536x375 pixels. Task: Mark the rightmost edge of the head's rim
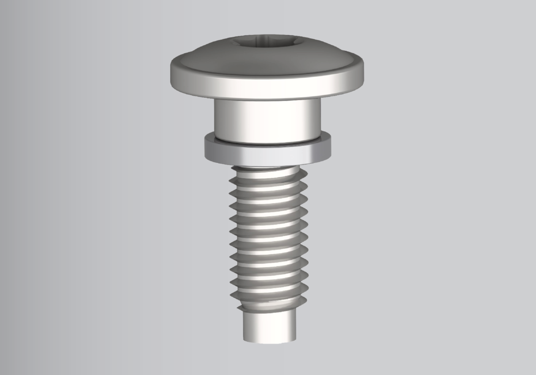(x=363, y=71)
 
